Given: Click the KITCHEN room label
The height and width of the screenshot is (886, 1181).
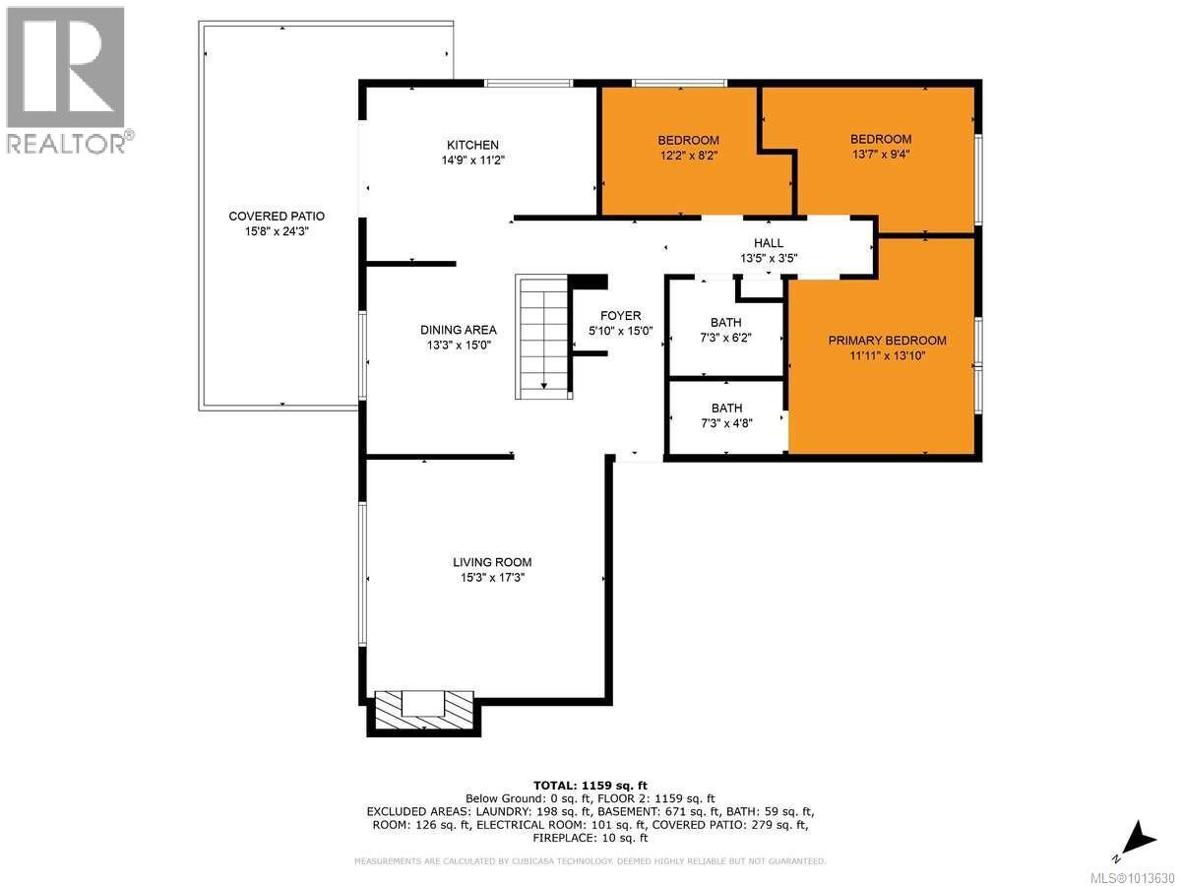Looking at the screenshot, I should point(472,145).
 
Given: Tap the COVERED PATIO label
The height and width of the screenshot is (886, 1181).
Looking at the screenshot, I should point(277,216).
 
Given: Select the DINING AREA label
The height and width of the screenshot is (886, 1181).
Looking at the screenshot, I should point(459,330).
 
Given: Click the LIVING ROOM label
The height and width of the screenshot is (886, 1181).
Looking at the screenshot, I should point(492,562).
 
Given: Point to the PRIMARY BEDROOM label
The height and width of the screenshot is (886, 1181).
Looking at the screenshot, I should point(887,341).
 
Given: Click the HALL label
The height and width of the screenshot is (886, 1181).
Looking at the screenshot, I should point(769,243).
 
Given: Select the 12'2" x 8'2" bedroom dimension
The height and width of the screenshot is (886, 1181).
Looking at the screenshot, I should point(689,156).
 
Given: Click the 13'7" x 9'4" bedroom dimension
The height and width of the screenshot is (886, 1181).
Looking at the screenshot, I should point(881,156).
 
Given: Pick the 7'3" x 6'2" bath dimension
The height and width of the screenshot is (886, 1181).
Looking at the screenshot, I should point(726,338).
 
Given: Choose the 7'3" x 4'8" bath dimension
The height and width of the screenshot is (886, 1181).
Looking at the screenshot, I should point(726,423).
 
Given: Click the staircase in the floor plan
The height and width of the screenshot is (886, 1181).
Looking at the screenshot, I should point(543,338).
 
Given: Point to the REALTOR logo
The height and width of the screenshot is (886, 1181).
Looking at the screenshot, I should point(67,79).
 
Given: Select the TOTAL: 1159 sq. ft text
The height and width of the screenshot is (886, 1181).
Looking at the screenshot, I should point(589,785).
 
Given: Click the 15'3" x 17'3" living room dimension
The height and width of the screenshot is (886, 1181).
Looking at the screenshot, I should point(492,578).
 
